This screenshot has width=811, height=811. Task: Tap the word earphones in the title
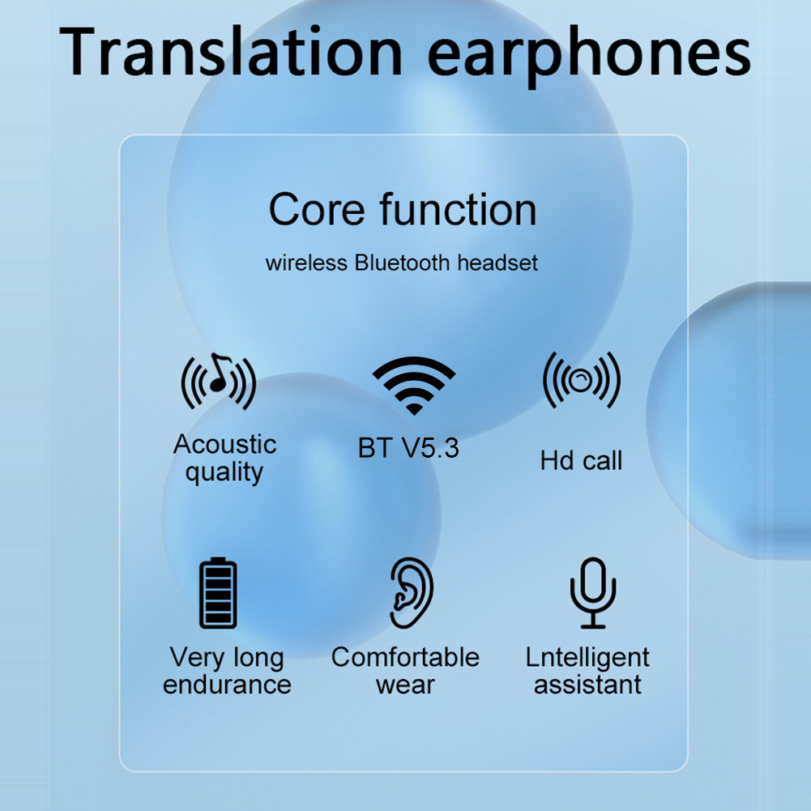coord(589,53)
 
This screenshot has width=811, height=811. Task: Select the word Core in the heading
coord(317,209)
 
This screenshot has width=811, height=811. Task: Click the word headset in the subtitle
coord(497,263)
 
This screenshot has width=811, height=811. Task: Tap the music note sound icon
coord(218,380)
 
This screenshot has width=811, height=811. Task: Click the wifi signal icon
coord(413,385)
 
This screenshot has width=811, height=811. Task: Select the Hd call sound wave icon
coord(581,379)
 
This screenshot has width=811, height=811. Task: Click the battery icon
coord(218,594)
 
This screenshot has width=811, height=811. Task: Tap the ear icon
coord(411,592)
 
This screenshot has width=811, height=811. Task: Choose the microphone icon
coord(592,592)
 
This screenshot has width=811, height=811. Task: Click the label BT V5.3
coord(408,448)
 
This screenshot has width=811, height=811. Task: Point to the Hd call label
coord(581,461)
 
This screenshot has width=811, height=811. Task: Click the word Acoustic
coord(224,444)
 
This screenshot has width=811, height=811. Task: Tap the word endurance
coord(227,685)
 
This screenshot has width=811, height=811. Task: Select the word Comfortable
coord(405,657)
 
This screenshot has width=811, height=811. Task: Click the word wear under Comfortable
coord(405,685)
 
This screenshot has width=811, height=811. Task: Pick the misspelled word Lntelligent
coord(587,657)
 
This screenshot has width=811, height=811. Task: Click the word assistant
coord(587,685)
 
